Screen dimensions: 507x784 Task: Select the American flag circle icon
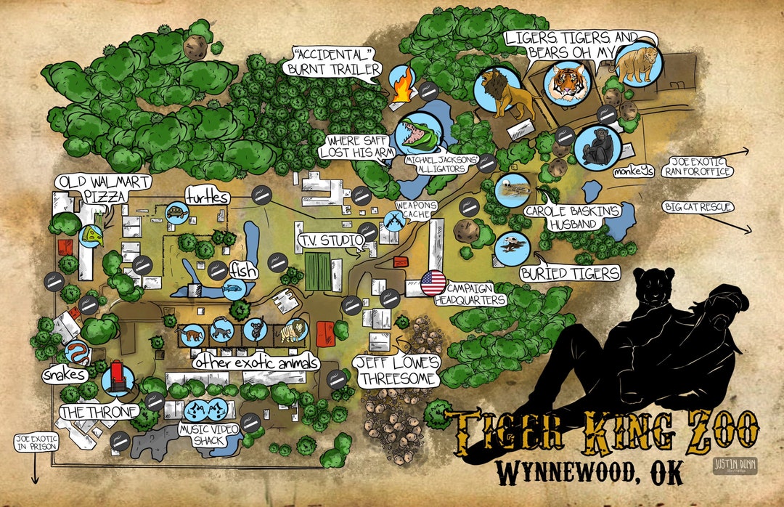(x=433, y=283)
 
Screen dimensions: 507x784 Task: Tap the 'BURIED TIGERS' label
(x=570, y=273)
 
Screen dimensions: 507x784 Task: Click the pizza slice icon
(x=90, y=235)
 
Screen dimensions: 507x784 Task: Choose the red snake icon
(x=78, y=354)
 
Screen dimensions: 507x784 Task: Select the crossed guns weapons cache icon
(x=393, y=222)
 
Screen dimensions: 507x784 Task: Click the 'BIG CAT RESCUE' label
(x=698, y=208)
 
